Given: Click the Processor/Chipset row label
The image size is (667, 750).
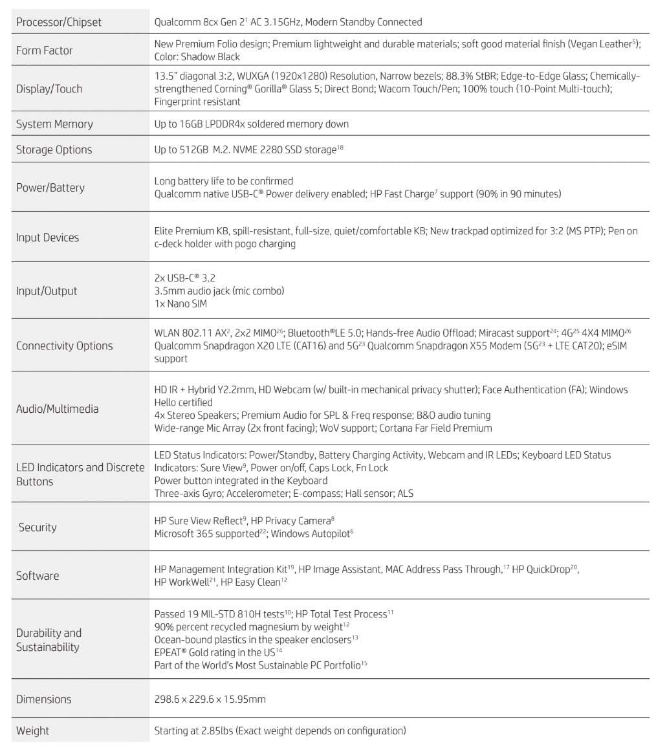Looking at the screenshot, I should tap(58, 22).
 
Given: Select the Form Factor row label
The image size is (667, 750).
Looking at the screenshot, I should tap(44, 50).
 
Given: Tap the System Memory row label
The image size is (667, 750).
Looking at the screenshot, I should tap(54, 124).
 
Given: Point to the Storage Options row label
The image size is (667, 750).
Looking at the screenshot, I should tap(54, 149).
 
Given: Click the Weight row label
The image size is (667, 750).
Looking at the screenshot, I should tap(32, 731).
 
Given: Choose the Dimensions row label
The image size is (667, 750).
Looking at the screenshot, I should tap(43, 699).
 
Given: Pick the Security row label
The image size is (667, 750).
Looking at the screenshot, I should tap(38, 527).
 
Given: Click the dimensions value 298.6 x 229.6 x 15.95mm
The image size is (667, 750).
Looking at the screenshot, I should tap(210, 699).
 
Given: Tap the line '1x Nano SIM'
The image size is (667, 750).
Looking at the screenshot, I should tap(180, 303).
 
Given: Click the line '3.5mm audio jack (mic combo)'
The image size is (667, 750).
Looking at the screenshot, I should tap(219, 291).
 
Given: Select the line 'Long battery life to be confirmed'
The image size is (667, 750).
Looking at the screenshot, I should tap(223, 181).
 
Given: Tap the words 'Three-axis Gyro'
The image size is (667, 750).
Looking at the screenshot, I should tap(187, 494).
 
